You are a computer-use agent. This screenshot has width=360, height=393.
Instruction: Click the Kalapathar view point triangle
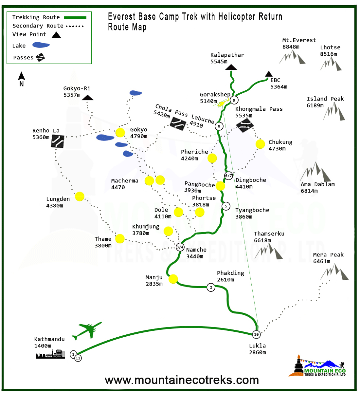(231, 67)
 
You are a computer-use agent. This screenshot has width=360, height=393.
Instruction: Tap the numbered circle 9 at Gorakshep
(234, 100)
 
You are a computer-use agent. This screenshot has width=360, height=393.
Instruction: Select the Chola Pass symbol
(178, 123)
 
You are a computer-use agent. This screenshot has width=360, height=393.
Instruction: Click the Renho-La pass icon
(58, 141)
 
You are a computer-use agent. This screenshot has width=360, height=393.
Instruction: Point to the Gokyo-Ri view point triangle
(88, 98)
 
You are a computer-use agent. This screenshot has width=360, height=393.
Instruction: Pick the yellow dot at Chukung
(260, 144)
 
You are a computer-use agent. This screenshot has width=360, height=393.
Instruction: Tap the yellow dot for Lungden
(80, 196)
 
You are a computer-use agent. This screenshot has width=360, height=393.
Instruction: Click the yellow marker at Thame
(120, 239)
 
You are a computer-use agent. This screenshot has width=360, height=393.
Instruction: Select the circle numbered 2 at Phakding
(211, 288)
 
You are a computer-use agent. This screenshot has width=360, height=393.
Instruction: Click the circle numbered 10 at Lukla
(256, 334)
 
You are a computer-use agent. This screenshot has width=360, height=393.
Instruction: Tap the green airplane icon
(87, 330)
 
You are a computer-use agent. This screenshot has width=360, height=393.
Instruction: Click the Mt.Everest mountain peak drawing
(293, 57)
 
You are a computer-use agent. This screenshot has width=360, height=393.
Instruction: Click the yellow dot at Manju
(173, 279)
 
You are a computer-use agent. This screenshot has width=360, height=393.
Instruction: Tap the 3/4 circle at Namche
(180, 247)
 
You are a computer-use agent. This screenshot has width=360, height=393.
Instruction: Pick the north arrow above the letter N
(22, 76)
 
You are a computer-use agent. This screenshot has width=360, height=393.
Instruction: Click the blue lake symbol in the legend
(41, 45)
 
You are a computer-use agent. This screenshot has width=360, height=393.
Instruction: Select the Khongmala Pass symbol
(245, 125)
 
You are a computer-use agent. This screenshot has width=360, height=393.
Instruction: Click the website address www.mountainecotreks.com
(182, 380)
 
